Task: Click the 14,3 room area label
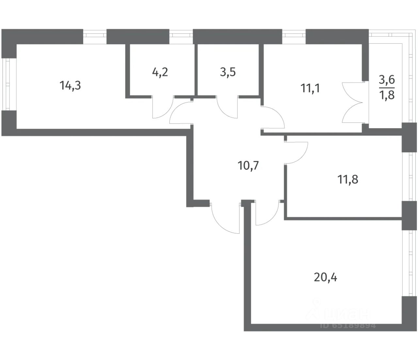click(x=70, y=86)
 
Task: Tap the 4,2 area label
click(x=160, y=72)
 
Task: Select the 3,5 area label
click(x=228, y=72)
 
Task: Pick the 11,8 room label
click(x=347, y=179)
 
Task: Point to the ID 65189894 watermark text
click(x=348, y=325)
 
